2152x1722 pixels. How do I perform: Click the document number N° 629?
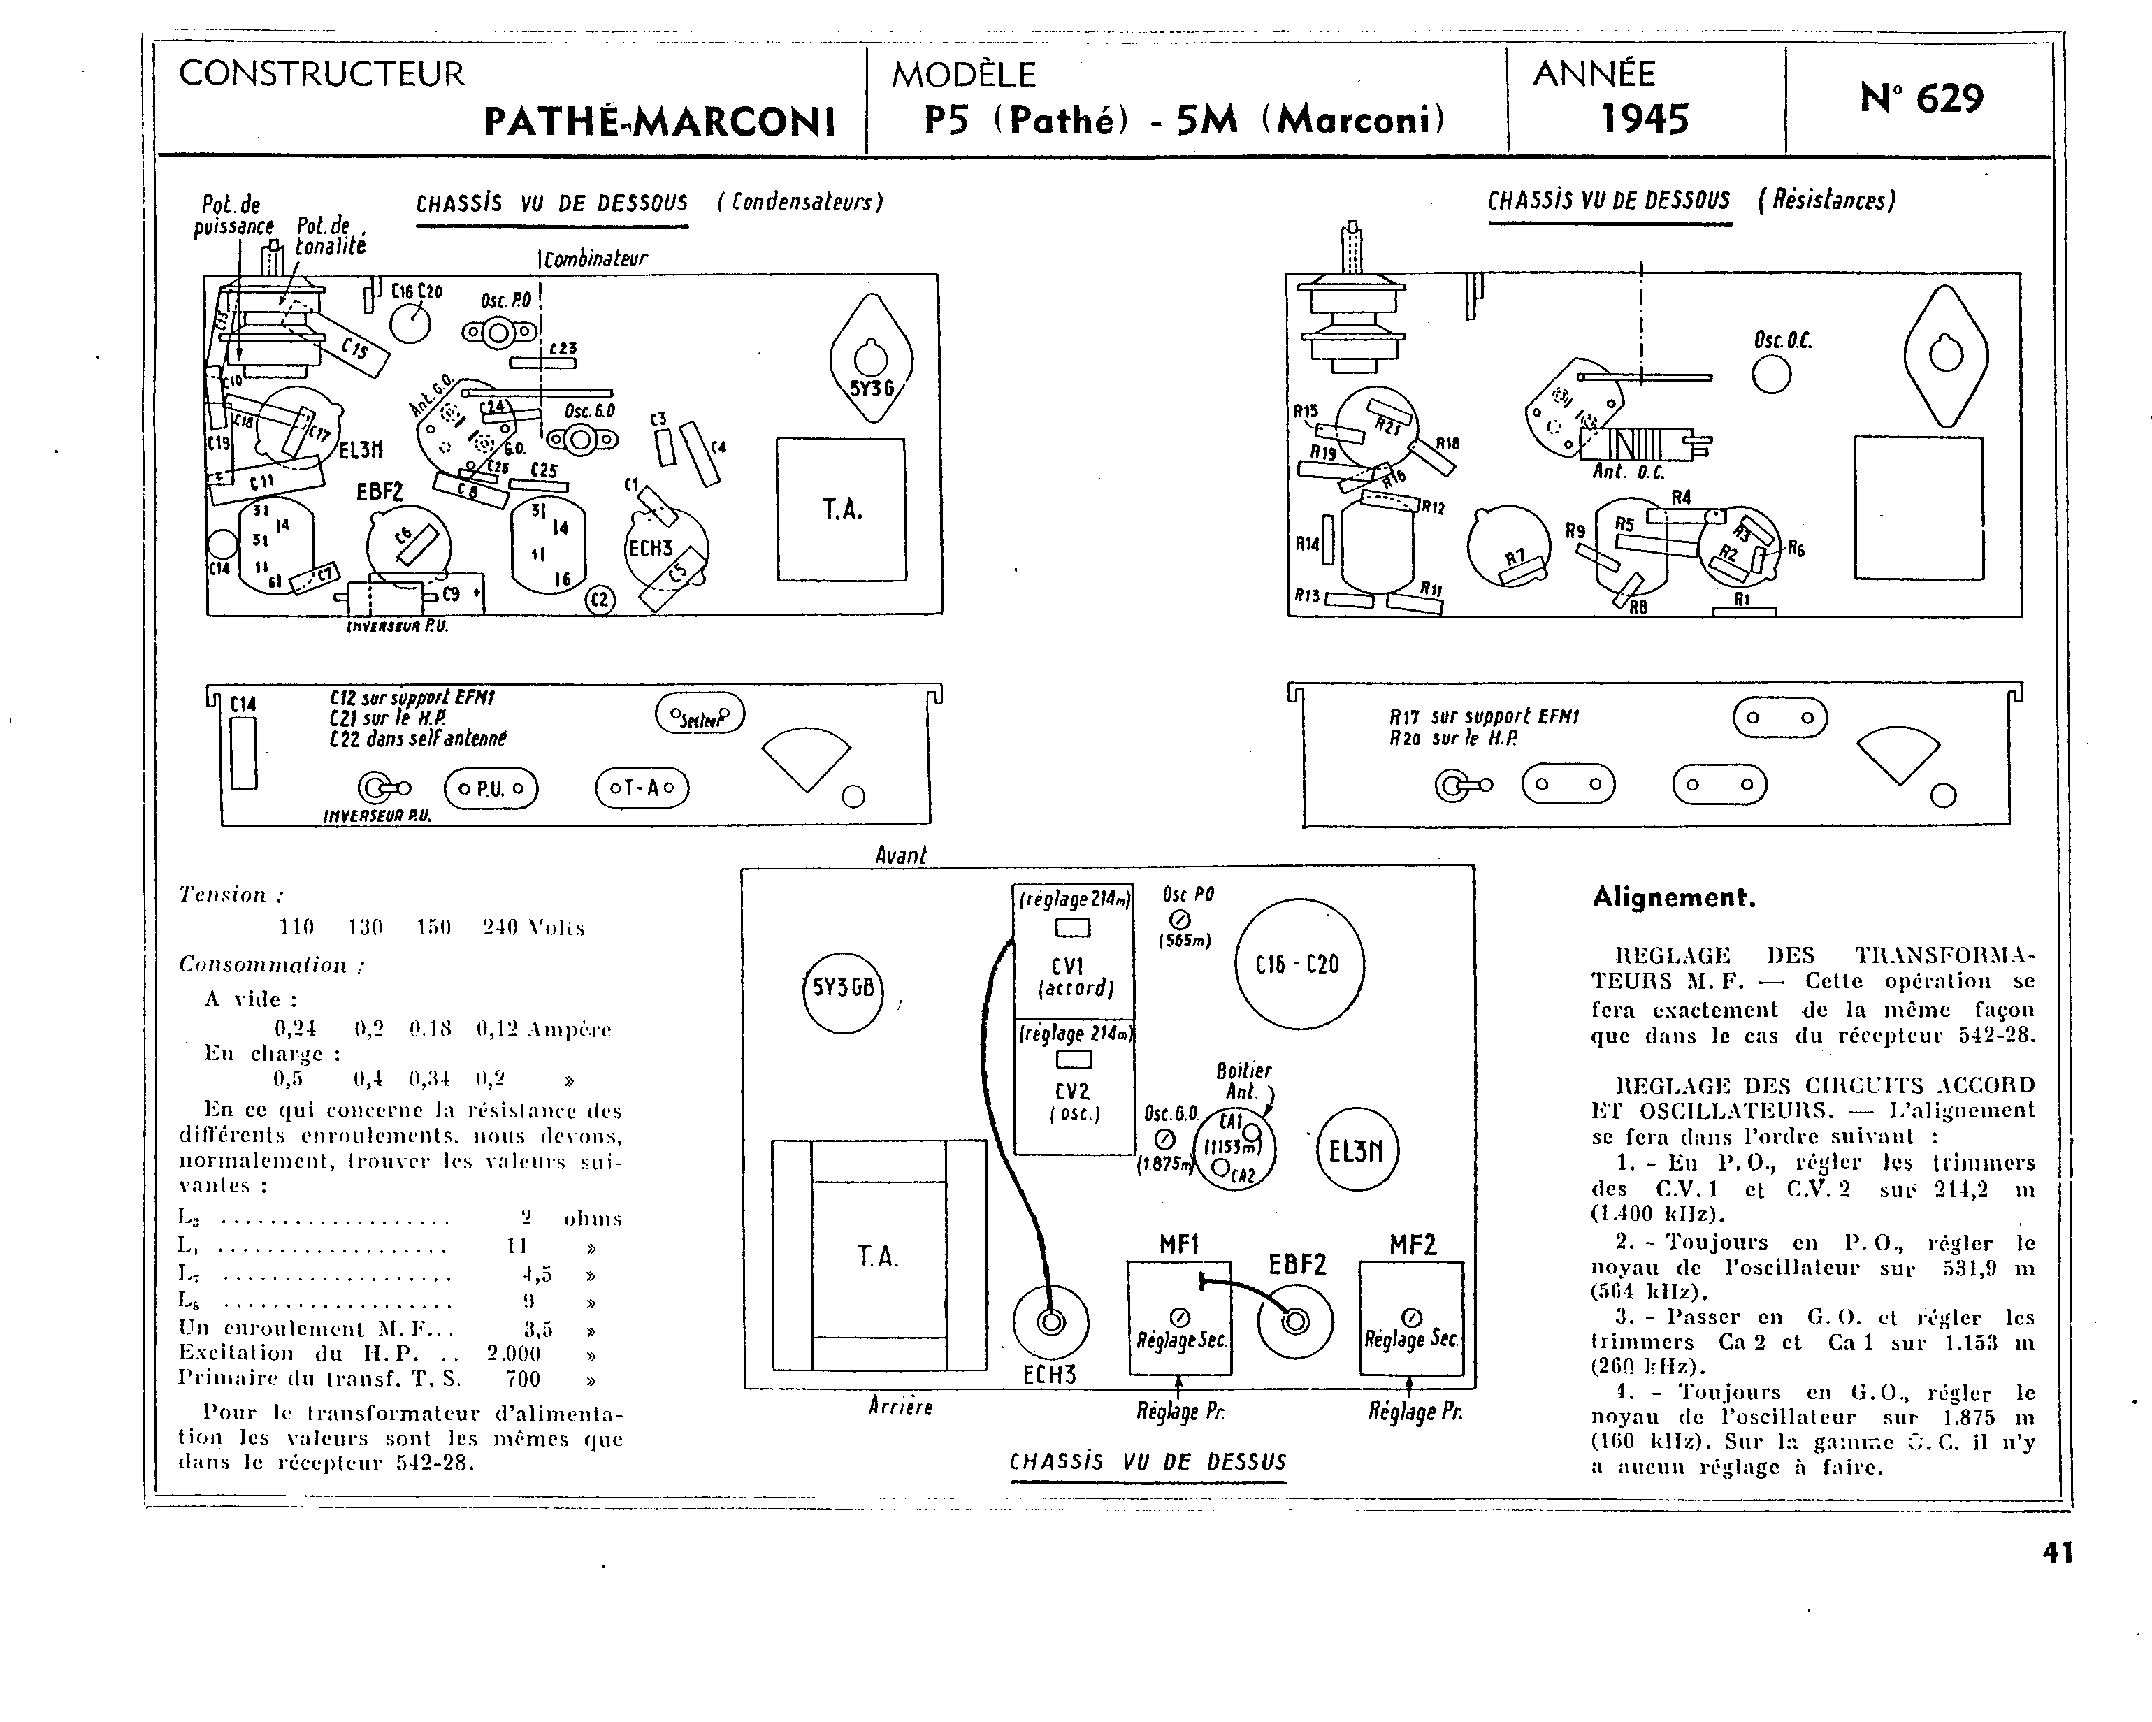tap(1921, 99)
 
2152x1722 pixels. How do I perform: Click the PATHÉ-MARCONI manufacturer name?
tap(659, 122)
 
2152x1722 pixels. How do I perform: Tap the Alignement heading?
tap(1673, 897)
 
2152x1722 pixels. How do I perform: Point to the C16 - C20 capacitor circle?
tap(1299, 964)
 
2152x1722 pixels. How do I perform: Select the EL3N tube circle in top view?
tap(1357, 1151)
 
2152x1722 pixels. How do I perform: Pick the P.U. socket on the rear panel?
tap(490, 788)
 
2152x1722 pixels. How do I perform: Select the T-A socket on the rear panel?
tap(642, 788)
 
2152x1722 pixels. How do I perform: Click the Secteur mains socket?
tap(700, 714)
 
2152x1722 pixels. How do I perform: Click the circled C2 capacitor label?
tap(600, 599)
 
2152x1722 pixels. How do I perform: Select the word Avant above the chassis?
tap(900, 855)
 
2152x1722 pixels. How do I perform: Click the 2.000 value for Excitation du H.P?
tap(513, 1354)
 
